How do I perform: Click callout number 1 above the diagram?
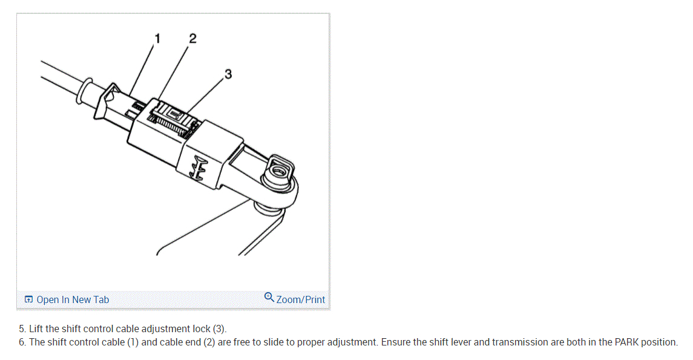pos(157,38)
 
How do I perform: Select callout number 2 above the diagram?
pos(192,39)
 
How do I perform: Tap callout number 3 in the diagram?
pos(228,74)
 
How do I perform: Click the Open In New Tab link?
pos(73,299)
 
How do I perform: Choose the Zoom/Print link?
pos(300,299)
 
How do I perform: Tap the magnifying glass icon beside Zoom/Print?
pos(269,297)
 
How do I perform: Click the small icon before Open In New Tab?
pos(28,299)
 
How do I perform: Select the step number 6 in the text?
pos(22,342)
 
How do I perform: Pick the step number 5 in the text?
pos(22,329)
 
